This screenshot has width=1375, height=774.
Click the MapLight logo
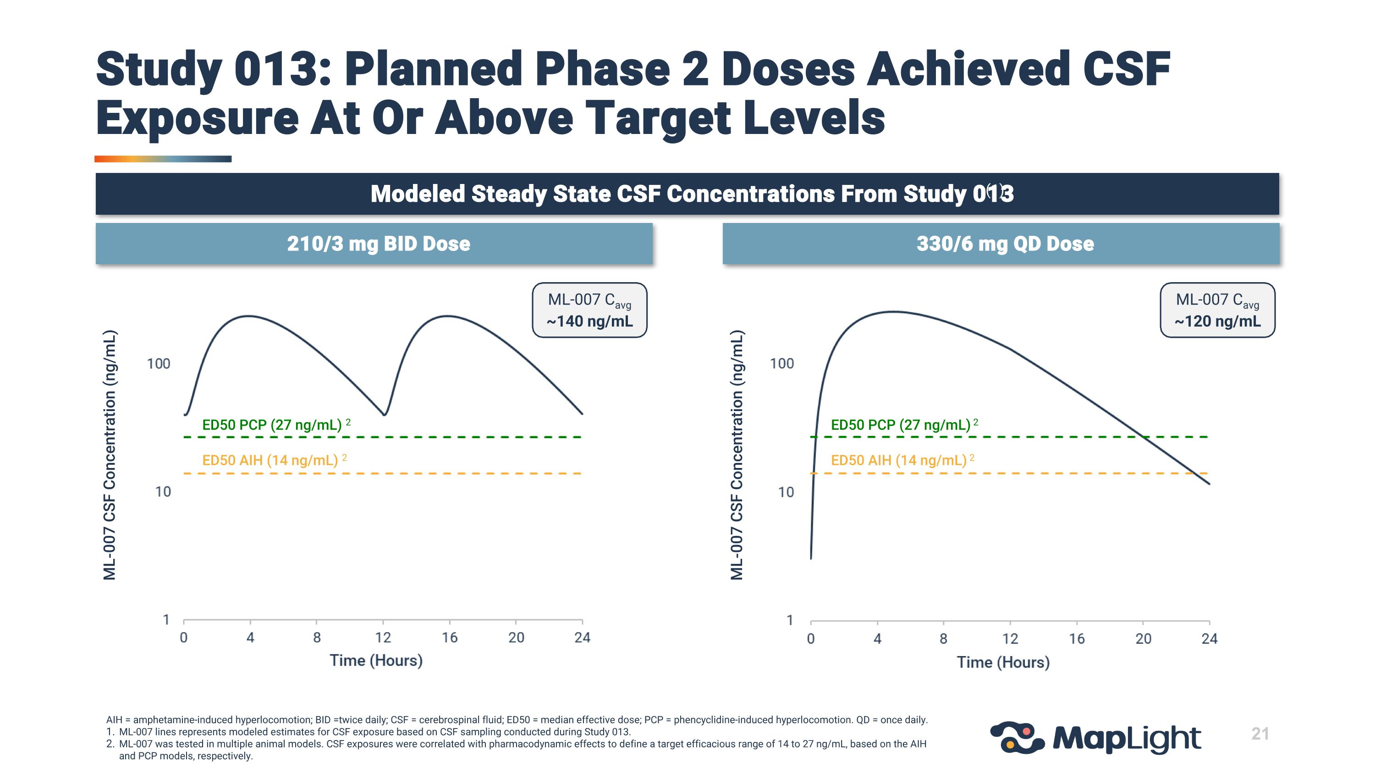coord(1095,738)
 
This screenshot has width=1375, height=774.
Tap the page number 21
coord(1259,734)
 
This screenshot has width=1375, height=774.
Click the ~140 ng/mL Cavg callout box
coord(589,310)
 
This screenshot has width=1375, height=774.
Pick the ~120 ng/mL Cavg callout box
coord(1217,310)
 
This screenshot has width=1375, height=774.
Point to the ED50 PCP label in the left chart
coord(272,425)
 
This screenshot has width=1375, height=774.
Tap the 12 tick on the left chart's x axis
coord(383,637)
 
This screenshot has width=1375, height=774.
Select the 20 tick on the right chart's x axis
coord(1143,639)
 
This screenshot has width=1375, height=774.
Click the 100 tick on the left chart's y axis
coord(159,364)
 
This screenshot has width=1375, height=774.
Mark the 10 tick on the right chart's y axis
coord(786,492)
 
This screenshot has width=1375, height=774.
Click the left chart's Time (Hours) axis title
coord(376,661)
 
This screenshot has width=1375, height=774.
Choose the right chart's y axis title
coord(737,455)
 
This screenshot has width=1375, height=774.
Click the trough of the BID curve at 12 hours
coord(385,414)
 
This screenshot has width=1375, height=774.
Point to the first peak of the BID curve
coord(248,316)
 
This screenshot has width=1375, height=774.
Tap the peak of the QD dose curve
coord(892,312)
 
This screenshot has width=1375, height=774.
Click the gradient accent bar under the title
coord(163,159)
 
